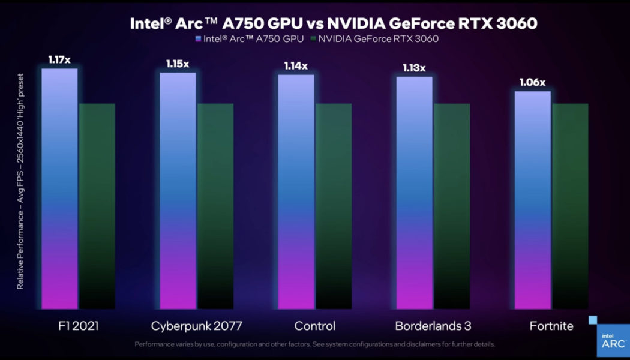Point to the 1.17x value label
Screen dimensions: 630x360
(x=59, y=59)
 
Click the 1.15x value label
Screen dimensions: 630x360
(x=178, y=64)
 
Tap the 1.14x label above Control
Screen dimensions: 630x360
(x=296, y=66)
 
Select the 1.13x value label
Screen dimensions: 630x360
(x=414, y=68)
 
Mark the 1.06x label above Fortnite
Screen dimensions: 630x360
(x=532, y=82)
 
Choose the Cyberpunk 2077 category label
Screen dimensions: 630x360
(x=196, y=326)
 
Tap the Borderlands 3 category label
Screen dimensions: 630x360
(x=433, y=326)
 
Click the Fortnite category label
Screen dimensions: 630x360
(x=551, y=326)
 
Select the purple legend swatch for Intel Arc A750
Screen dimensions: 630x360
(x=198, y=40)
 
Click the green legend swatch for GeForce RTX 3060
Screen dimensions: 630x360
(x=313, y=40)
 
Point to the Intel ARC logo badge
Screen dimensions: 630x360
(x=613, y=340)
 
